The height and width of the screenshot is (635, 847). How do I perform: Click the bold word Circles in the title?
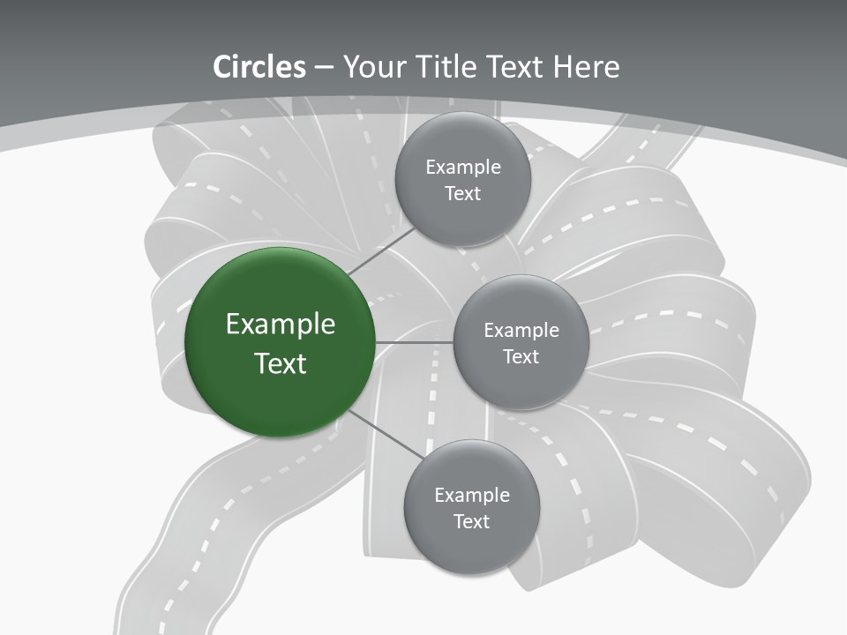259,67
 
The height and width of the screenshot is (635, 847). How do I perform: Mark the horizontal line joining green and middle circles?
414,342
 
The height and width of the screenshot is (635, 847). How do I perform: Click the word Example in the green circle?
281,325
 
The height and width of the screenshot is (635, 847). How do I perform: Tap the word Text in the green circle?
281,363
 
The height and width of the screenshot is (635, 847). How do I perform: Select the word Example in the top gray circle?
463,168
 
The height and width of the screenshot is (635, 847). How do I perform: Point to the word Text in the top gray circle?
462,194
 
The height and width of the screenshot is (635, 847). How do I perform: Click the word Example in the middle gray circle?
521,331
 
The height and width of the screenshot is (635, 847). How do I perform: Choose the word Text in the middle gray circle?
521,357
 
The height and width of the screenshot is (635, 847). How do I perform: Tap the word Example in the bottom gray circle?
472,496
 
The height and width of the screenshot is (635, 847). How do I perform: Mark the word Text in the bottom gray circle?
471,522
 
